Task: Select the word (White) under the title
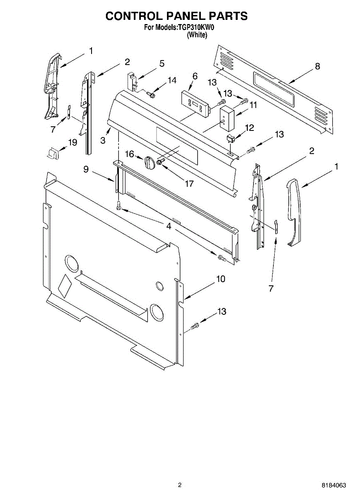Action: click(197, 35)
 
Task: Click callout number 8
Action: click(317, 66)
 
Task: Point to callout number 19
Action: click(72, 142)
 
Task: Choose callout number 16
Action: click(130, 154)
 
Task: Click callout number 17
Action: click(189, 183)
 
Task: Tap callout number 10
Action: click(220, 279)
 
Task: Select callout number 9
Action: click(86, 169)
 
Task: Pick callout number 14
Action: click(172, 80)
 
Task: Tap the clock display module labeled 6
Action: click(195, 101)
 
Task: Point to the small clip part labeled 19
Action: click(52, 153)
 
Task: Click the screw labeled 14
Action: click(151, 95)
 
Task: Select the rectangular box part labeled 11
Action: click(226, 116)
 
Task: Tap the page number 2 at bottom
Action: click(180, 485)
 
